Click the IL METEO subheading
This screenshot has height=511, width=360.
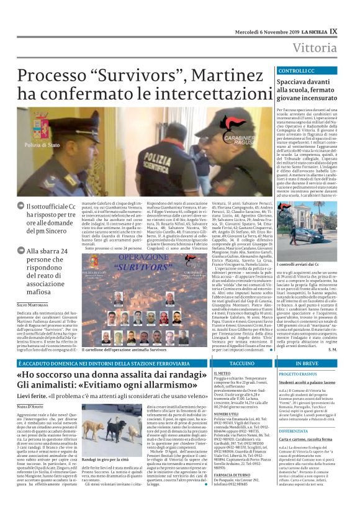pos(215,374)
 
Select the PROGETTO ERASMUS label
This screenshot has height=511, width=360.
pos(299,374)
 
